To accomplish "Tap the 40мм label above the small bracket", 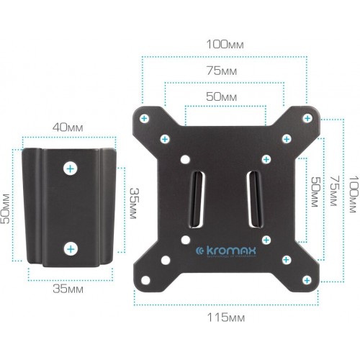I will point(68,127).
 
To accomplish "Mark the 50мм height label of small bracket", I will point(6,207).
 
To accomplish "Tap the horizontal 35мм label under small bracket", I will point(68,289).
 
